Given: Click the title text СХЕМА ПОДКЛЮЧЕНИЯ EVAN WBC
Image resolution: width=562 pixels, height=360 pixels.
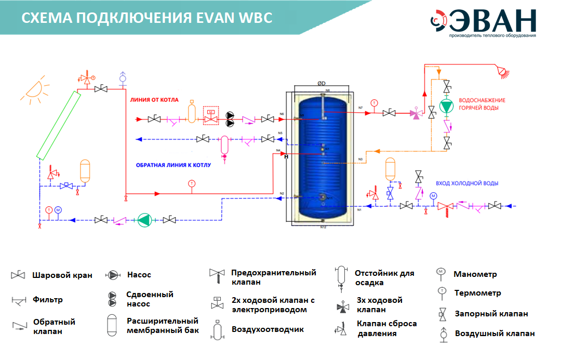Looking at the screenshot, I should [147, 18].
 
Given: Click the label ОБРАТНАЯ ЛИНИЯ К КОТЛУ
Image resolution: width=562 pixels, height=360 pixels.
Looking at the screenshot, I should [173, 165].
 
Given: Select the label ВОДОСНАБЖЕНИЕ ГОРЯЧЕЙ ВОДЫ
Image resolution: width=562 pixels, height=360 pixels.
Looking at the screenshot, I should [481, 104].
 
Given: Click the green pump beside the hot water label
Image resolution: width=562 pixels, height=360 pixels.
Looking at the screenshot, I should [446, 106].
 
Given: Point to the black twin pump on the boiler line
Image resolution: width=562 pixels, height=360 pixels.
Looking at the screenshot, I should [229, 120].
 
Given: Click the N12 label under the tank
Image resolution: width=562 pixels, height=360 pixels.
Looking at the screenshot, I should [323, 227].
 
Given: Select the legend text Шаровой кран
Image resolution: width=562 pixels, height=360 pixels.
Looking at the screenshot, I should [62, 275].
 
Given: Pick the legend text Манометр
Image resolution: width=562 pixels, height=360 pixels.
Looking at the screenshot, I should [475, 274].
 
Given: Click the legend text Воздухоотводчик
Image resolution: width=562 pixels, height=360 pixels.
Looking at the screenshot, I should [267, 329].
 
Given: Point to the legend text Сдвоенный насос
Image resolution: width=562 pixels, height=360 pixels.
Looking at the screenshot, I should [150, 299].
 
